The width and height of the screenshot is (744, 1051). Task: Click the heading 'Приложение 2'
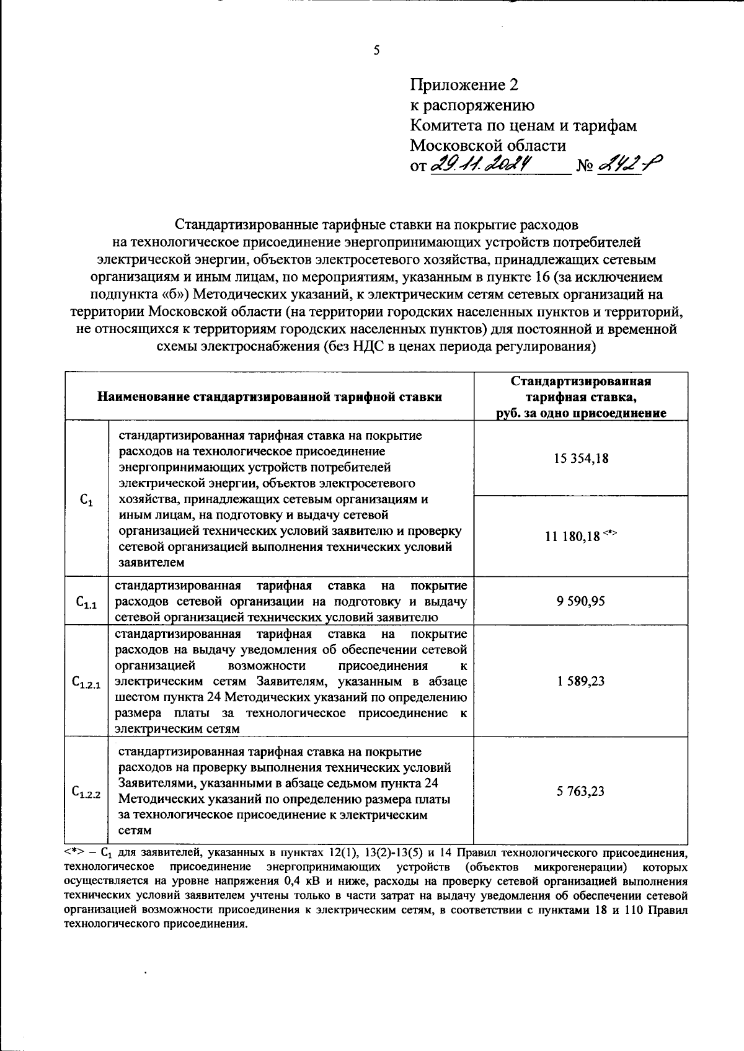464,84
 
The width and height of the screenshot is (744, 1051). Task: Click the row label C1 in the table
87,499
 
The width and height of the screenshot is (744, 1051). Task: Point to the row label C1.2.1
87,682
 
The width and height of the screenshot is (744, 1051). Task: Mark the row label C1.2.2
87,792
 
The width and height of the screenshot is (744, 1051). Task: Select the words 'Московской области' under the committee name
488,146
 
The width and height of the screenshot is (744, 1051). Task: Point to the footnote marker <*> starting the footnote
74,852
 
